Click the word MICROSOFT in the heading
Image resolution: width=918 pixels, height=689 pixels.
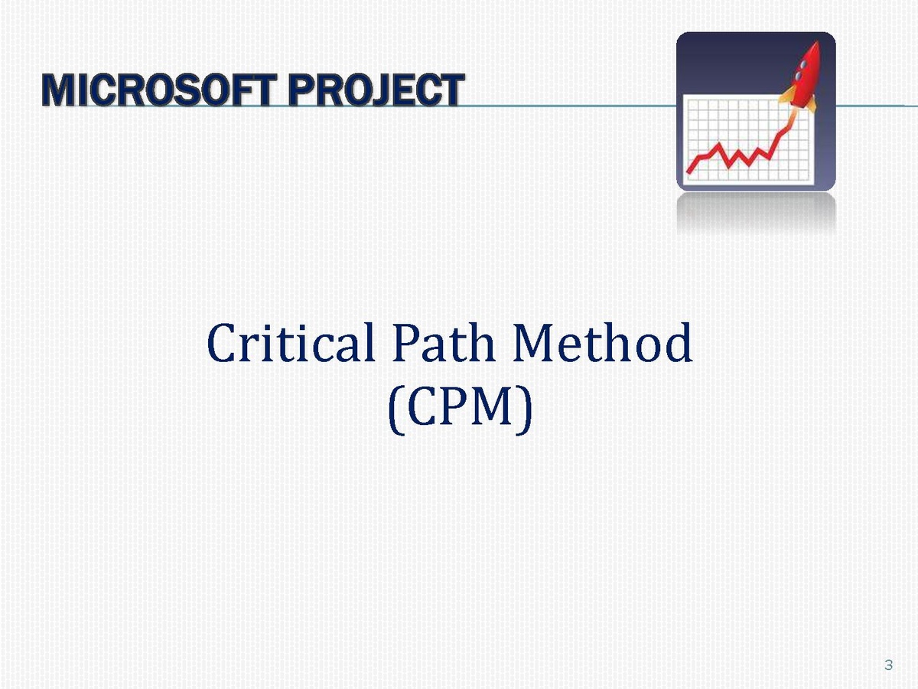[x=159, y=90]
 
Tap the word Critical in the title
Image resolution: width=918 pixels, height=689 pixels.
[x=291, y=343]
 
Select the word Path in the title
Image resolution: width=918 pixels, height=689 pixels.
[x=444, y=343]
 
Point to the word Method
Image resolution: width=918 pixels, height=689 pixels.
[x=603, y=343]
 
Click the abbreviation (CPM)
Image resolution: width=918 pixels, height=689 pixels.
[x=460, y=409]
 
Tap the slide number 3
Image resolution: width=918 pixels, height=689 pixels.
[x=888, y=665]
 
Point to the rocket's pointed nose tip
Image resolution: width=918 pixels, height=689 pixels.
[x=817, y=41]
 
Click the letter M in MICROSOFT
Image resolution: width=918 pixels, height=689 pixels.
[x=59, y=90]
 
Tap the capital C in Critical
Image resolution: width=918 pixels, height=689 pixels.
[x=223, y=343]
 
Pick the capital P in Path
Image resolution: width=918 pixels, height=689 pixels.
[x=405, y=343]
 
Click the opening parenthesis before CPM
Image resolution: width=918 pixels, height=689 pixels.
[x=396, y=410]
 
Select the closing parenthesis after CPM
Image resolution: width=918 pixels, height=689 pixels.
[x=526, y=410]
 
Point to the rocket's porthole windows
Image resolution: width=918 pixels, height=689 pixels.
[x=800, y=70]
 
